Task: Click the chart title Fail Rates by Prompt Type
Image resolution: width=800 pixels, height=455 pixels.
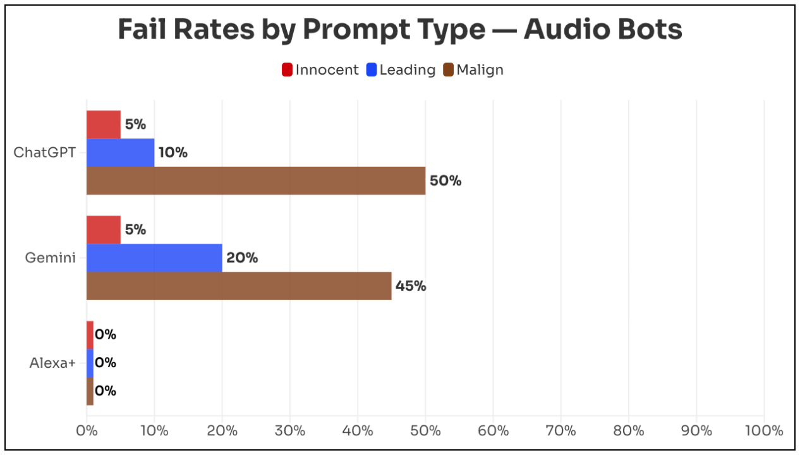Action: click(400, 30)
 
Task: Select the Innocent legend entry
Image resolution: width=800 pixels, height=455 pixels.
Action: click(320, 70)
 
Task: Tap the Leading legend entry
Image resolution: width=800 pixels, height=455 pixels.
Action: click(401, 70)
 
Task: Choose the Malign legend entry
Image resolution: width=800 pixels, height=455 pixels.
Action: click(473, 70)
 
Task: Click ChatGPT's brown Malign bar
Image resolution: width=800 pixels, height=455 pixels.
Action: click(255, 181)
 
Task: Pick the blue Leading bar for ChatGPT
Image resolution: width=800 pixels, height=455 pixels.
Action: click(120, 153)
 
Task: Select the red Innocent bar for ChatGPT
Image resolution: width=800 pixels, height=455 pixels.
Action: click(103, 124)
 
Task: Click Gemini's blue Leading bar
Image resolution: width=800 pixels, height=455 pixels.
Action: click(154, 258)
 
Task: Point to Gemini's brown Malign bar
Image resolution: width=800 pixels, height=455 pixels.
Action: click(239, 286)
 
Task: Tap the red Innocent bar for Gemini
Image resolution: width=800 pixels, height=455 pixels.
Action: click(103, 230)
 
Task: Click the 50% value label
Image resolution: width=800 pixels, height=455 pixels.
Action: click(445, 181)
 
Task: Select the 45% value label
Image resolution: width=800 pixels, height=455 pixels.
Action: click(411, 286)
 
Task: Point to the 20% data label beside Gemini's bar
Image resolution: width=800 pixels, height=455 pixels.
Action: click(242, 258)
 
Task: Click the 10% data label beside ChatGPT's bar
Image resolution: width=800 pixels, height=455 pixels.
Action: click(173, 153)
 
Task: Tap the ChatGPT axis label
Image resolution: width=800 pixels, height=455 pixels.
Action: click(45, 153)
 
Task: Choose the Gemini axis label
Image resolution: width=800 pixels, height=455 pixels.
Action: click(51, 258)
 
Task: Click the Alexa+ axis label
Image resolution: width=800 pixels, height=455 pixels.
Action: click(52, 363)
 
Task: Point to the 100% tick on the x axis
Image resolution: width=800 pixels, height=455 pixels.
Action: click(764, 431)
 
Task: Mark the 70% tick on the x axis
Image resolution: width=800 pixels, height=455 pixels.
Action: click(561, 431)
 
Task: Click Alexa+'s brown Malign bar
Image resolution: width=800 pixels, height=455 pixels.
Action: click(90, 391)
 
